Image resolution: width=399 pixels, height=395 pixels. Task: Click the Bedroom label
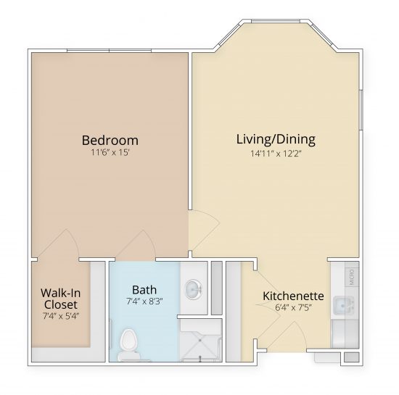pos(110,140)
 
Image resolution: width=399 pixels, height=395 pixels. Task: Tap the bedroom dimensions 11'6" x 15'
pos(110,153)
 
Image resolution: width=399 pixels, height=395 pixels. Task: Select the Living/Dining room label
pos(276,138)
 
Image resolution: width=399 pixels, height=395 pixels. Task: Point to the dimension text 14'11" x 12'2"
pos(276,152)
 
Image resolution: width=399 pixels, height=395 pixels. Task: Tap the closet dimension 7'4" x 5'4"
pos(59,316)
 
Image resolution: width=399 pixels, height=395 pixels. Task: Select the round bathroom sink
pos(194,290)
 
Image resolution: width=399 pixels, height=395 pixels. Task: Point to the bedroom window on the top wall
pos(109,51)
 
